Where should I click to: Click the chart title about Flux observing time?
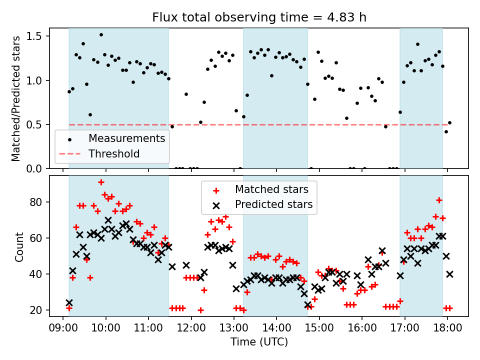click(x=259, y=17)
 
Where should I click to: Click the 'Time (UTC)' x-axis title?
click(x=259, y=342)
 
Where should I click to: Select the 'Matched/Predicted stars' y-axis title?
click(x=16, y=98)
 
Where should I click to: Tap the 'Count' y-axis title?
click(x=19, y=246)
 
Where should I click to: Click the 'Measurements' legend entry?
click(x=126, y=138)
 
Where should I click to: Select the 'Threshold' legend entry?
click(x=114, y=153)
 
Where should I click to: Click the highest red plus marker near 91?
click(x=101, y=182)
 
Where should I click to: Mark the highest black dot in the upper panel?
click(x=101, y=35)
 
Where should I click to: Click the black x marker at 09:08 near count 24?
click(x=69, y=302)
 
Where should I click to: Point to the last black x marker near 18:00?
click(x=449, y=274)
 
